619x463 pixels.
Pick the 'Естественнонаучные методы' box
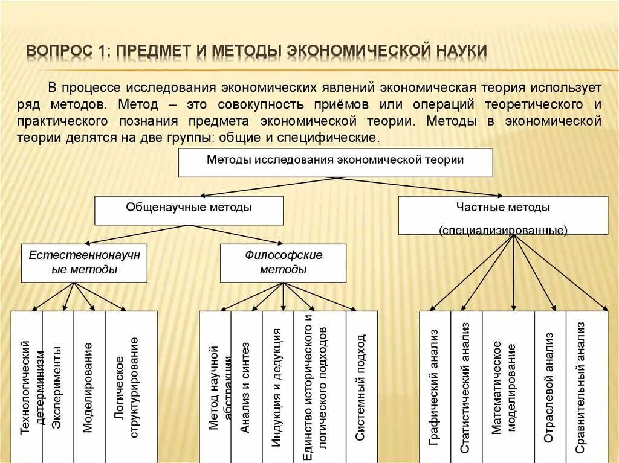84,262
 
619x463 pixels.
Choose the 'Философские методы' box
283,262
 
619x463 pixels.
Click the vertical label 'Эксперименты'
57,386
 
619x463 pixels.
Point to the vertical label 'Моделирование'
88,386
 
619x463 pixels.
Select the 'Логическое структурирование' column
128,386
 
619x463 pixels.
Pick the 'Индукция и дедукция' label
277,386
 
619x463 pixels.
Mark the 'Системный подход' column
360,386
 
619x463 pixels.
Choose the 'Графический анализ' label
433,386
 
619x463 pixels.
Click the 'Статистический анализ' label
465,386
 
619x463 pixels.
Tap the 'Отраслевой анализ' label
549,386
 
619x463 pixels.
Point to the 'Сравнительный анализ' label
580,386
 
